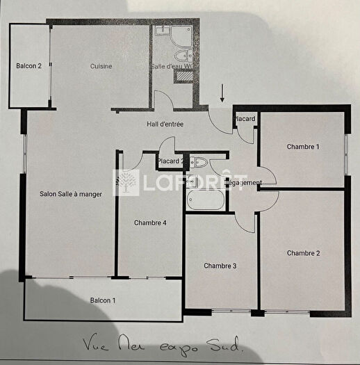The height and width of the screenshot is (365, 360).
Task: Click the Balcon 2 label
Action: [x=29, y=67]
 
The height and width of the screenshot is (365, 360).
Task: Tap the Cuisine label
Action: [x=101, y=67]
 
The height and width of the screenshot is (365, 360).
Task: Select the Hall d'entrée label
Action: [x=165, y=124]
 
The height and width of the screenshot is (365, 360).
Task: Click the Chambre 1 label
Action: [x=303, y=147]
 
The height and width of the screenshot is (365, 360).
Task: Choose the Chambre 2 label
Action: [x=303, y=253]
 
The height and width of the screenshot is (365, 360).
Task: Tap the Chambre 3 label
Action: [x=220, y=266]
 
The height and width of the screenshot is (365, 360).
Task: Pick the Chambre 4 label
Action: [x=150, y=223]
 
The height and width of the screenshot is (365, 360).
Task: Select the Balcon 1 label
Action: [x=104, y=300]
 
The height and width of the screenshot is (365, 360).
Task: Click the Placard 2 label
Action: [x=171, y=162]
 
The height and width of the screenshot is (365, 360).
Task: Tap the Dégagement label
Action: [x=245, y=183]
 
